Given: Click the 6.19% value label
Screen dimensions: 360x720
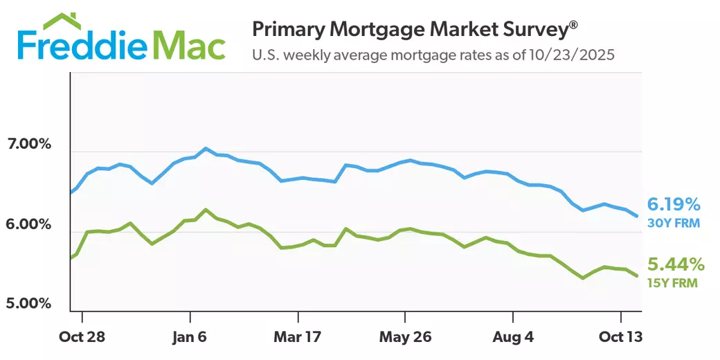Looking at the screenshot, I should (x=674, y=204).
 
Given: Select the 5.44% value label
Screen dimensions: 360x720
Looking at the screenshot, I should (x=676, y=264).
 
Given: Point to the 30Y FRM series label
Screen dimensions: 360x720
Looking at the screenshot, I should (x=674, y=223).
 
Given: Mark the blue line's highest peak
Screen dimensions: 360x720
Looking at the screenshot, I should (x=206, y=148).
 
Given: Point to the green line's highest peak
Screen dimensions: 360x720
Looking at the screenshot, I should (x=206, y=209).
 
